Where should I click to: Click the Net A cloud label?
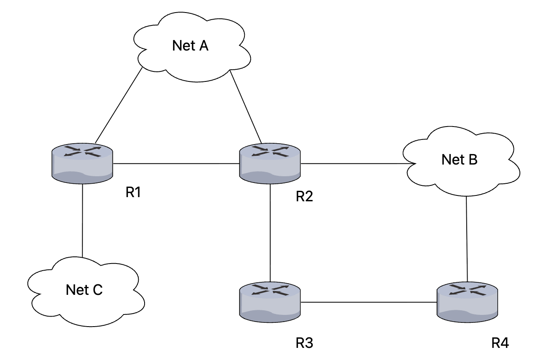tap(190, 46)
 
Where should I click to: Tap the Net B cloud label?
tap(459, 160)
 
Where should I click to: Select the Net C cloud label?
tap(84, 289)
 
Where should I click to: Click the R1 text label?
tap(133, 192)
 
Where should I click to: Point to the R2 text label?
tap(304, 196)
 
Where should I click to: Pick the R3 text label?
tap(304, 343)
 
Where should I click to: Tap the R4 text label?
tap(500, 343)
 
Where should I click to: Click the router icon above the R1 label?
tap(82, 164)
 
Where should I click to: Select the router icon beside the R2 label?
tap(270, 164)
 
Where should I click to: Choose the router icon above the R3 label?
tap(270, 302)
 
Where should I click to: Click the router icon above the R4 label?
tap(467, 302)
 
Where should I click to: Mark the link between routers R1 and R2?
tap(176, 164)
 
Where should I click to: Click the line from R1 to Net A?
tap(119, 105)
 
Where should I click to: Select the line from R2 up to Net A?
tap(246, 106)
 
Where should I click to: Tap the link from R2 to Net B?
tap(358, 164)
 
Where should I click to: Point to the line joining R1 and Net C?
tap(82, 221)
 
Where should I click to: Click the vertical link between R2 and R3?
tap(270, 233)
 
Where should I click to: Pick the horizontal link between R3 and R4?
tap(369, 302)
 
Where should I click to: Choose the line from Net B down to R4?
tap(467, 239)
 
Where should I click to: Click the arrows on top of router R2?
tap(270, 151)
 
